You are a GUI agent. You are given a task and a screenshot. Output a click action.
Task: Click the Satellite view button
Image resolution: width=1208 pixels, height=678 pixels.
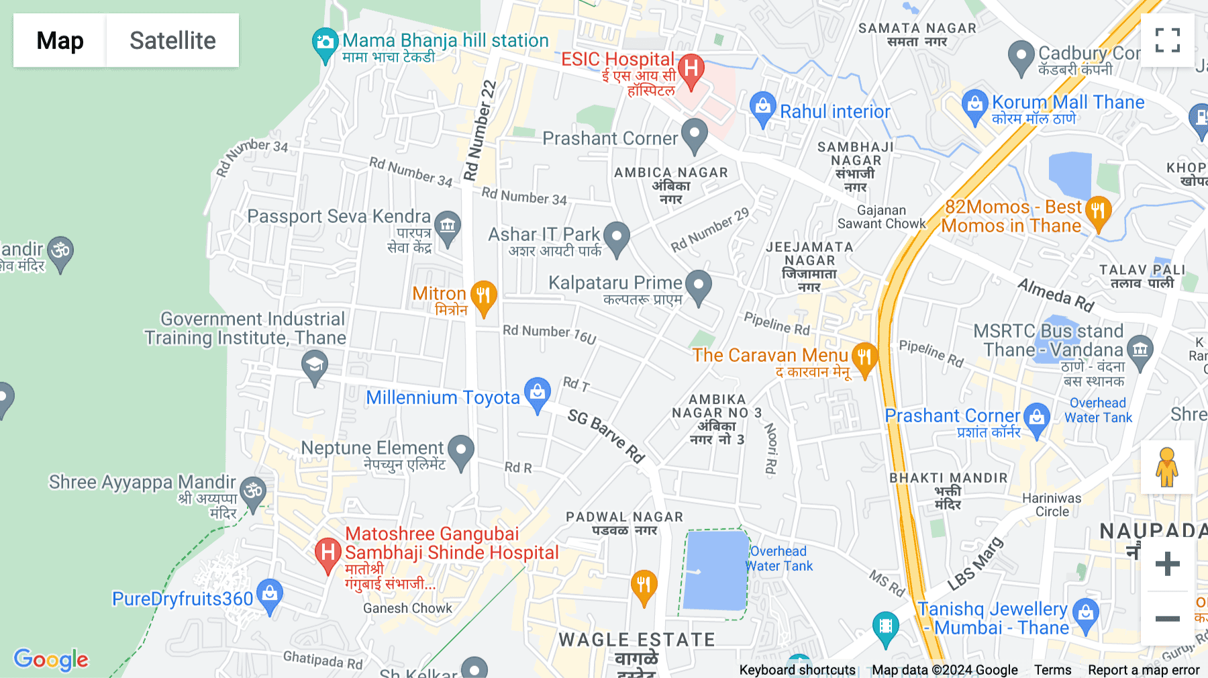(x=172, y=40)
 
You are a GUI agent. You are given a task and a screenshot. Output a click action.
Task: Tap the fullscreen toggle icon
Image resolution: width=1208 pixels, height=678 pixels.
(x=1167, y=40)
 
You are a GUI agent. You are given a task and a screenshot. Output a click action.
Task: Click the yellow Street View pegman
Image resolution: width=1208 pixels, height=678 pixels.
(x=1167, y=467)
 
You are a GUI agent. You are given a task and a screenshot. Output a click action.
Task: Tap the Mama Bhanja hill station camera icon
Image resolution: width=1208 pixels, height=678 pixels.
(x=325, y=43)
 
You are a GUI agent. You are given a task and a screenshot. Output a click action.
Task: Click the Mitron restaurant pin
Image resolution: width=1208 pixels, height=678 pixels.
(x=483, y=296)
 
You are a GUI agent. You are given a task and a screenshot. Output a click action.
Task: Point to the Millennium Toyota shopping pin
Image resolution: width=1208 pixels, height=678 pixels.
(x=537, y=393)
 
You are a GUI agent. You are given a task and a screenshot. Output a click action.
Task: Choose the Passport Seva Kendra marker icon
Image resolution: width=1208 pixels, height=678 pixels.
(x=448, y=226)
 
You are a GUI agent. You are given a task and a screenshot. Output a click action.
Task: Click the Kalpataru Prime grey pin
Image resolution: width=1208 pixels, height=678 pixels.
(x=698, y=285)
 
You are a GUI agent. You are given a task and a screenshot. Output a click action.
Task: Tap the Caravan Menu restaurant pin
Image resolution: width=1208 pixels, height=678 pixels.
(x=864, y=358)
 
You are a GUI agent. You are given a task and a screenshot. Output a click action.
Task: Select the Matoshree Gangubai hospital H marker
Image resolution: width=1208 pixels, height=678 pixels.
(x=328, y=553)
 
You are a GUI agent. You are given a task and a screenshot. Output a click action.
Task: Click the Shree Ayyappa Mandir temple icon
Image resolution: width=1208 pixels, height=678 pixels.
(x=253, y=492)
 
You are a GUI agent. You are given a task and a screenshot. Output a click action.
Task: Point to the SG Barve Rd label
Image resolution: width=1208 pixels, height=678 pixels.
(x=605, y=436)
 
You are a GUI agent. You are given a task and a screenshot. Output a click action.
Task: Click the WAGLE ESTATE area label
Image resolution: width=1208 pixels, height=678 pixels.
(x=636, y=640)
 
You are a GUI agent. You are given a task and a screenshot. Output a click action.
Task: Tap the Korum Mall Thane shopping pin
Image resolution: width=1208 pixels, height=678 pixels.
(x=974, y=105)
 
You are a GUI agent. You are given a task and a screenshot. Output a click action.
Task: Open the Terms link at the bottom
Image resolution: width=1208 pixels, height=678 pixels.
(x=1052, y=670)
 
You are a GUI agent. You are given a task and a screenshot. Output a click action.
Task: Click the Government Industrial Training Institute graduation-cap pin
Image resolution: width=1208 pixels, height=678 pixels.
(x=314, y=367)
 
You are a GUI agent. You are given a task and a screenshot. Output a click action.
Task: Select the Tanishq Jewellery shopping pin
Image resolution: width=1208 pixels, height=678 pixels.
(x=1085, y=614)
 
